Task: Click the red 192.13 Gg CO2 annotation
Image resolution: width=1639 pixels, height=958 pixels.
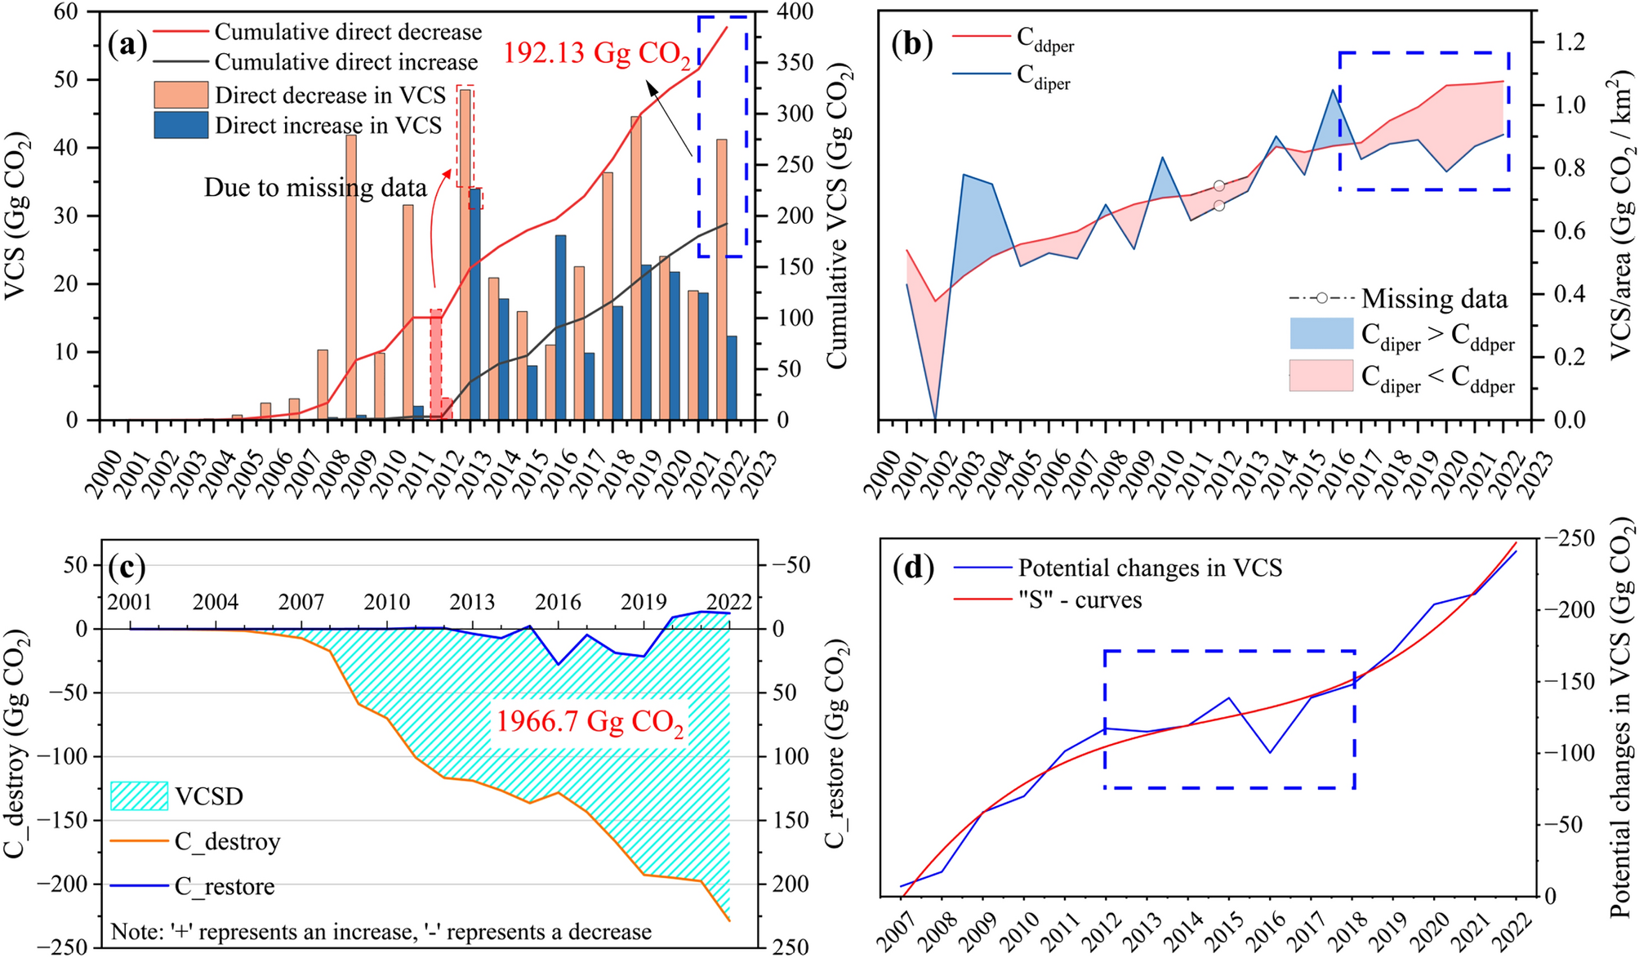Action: tap(597, 54)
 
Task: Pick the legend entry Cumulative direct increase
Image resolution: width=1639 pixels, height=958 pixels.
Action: tap(345, 62)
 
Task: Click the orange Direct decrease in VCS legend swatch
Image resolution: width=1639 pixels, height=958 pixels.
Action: tap(180, 95)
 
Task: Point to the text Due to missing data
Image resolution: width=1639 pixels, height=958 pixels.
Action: tap(315, 188)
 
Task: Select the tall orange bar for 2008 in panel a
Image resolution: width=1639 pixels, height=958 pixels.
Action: tap(350, 278)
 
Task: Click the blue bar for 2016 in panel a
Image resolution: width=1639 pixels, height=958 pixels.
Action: tap(560, 327)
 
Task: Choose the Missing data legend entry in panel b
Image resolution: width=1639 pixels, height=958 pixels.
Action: tap(1433, 299)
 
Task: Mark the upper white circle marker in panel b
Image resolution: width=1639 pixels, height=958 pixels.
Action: tap(1218, 186)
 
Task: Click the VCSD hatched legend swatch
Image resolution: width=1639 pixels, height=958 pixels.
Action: tap(139, 795)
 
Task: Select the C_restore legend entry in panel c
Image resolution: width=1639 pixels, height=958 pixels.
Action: tap(224, 886)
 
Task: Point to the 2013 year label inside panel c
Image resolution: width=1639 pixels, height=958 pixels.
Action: tap(472, 603)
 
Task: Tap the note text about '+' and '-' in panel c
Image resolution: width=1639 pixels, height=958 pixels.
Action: tap(381, 932)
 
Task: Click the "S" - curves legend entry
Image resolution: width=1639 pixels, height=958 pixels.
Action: tap(1080, 600)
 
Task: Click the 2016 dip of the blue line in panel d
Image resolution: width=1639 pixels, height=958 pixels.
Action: tap(1270, 752)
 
